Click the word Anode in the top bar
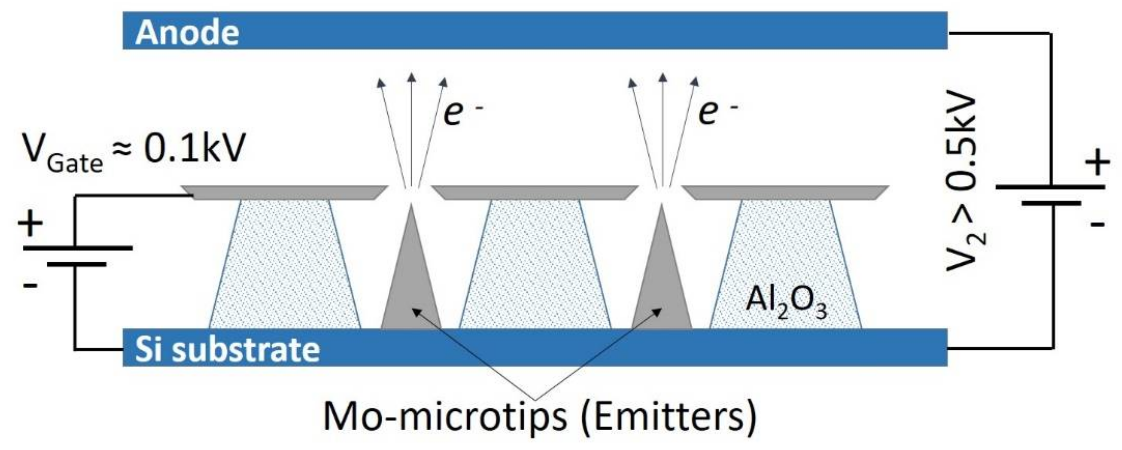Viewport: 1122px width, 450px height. coord(187,33)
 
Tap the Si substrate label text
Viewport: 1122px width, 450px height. coord(227,349)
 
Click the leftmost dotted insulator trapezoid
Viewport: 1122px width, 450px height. coord(285,266)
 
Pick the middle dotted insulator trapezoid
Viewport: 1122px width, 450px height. coord(535,266)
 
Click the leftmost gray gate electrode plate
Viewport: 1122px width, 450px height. coord(285,192)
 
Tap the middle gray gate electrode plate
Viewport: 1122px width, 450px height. coord(535,192)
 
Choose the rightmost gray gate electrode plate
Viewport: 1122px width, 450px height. coord(785,192)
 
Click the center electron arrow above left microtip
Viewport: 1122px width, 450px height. coord(411,131)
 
